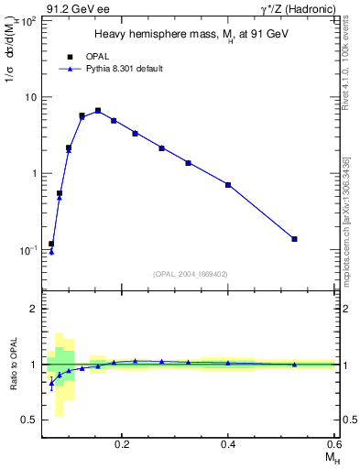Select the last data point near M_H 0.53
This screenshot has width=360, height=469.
[x=294, y=239]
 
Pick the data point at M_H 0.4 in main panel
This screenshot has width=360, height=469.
[x=228, y=185]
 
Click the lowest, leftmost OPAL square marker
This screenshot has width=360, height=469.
[x=51, y=244]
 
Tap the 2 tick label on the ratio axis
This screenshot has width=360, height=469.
[x=33, y=310]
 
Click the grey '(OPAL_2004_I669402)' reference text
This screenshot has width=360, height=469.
[x=191, y=274]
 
